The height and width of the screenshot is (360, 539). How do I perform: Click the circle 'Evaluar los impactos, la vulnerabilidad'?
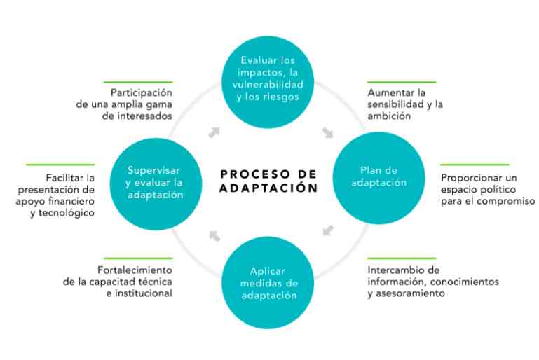[268, 82]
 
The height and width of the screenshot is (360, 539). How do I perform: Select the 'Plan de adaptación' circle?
[378, 178]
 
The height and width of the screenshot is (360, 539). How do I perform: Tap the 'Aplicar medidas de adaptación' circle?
[268, 283]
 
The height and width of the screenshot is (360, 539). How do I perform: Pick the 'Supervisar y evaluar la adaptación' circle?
[156, 184]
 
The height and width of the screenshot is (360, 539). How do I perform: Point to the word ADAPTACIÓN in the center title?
[268, 188]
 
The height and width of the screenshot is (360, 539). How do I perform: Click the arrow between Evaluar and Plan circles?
[327, 132]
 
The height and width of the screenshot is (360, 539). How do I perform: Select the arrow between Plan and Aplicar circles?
[328, 230]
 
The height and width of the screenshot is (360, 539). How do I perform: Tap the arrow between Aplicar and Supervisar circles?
[214, 236]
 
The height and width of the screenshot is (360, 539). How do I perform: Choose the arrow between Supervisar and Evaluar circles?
[214, 132]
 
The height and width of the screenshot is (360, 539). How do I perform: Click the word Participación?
[142, 93]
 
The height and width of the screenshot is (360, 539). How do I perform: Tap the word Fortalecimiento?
[135, 270]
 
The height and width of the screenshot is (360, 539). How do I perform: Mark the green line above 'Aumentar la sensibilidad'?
[402, 82]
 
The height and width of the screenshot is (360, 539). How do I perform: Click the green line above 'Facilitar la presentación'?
[60, 165]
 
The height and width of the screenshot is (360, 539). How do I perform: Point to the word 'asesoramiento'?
[411, 293]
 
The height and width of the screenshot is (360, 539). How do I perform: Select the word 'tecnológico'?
[67, 214]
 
